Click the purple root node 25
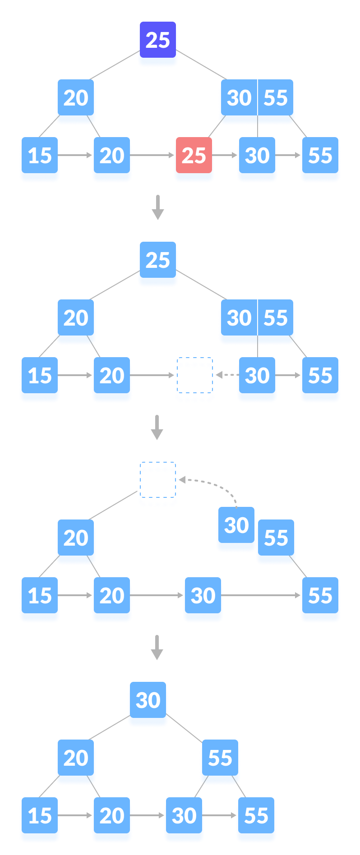(157, 40)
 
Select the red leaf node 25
(194, 156)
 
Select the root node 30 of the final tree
(148, 700)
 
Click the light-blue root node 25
(157, 261)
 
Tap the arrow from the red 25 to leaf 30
(225, 155)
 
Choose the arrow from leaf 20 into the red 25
(153, 155)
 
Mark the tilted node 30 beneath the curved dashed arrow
(236, 526)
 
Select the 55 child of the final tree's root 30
(220, 758)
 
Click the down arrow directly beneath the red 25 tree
(157, 207)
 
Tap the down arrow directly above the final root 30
(157, 647)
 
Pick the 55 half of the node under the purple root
(276, 98)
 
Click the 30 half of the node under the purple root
(239, 98)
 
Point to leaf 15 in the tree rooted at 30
(40, 816)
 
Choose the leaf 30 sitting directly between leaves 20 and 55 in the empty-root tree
(203, 596)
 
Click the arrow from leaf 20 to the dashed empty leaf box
(153, 375)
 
